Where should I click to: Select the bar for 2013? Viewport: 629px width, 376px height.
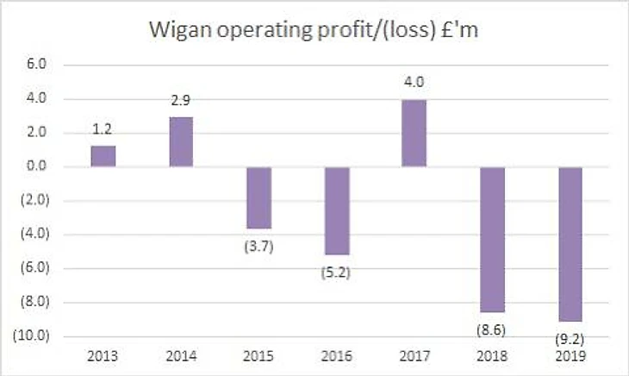(103, 156)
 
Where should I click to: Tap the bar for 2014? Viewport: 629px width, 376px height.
(181, 141)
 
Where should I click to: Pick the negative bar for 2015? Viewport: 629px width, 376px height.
(258, 197)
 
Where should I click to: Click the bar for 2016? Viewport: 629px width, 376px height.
(336, 210)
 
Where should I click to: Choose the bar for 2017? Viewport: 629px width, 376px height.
(414, 133)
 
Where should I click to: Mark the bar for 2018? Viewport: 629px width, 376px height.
(491, 239)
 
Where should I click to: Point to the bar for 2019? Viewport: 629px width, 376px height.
(569, 244)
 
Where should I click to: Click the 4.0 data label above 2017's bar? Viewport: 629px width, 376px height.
(414, 85)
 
